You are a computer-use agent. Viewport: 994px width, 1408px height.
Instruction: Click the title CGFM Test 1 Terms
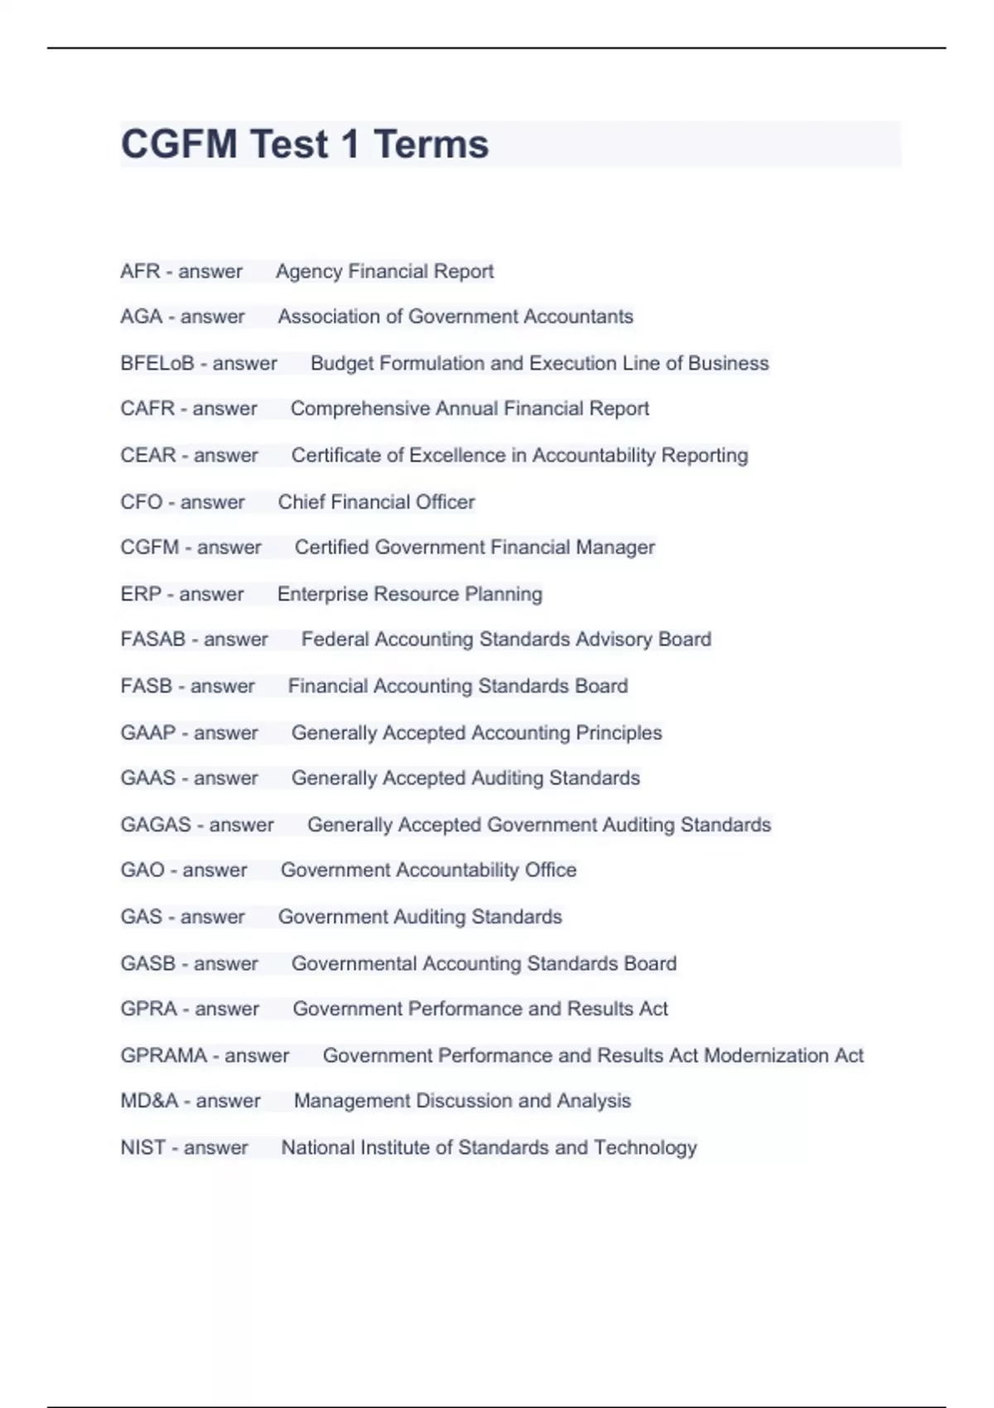(x=305, y=144)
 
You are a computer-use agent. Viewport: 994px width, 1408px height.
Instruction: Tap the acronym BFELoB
(x=157, y=364)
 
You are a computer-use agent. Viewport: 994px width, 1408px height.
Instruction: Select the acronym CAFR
(x=147, y=409)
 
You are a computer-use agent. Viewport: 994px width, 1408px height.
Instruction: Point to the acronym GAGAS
(x=156, y=825)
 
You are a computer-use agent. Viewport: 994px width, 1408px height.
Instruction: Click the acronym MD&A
(x=149, y=1102)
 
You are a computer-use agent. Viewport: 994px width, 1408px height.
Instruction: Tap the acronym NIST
(x=142, y=1148)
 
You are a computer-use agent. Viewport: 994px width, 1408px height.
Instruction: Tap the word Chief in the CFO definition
(x=302, y=502)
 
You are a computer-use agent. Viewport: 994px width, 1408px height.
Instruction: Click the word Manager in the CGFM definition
(x=615, y=547)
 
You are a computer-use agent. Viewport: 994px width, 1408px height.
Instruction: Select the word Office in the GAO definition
(x=550, y=870)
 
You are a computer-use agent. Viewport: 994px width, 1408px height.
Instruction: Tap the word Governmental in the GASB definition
(x=354, y=964)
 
